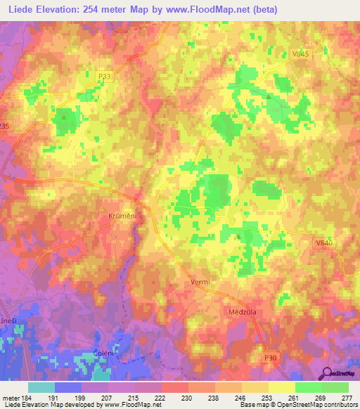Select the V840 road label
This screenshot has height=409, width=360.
point(323,242)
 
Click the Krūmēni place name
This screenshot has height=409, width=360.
point(122,216)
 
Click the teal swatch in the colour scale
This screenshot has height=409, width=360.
point(41,387)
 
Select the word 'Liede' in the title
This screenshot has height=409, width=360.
point(21,10)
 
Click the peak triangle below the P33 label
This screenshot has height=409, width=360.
point(64,118)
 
